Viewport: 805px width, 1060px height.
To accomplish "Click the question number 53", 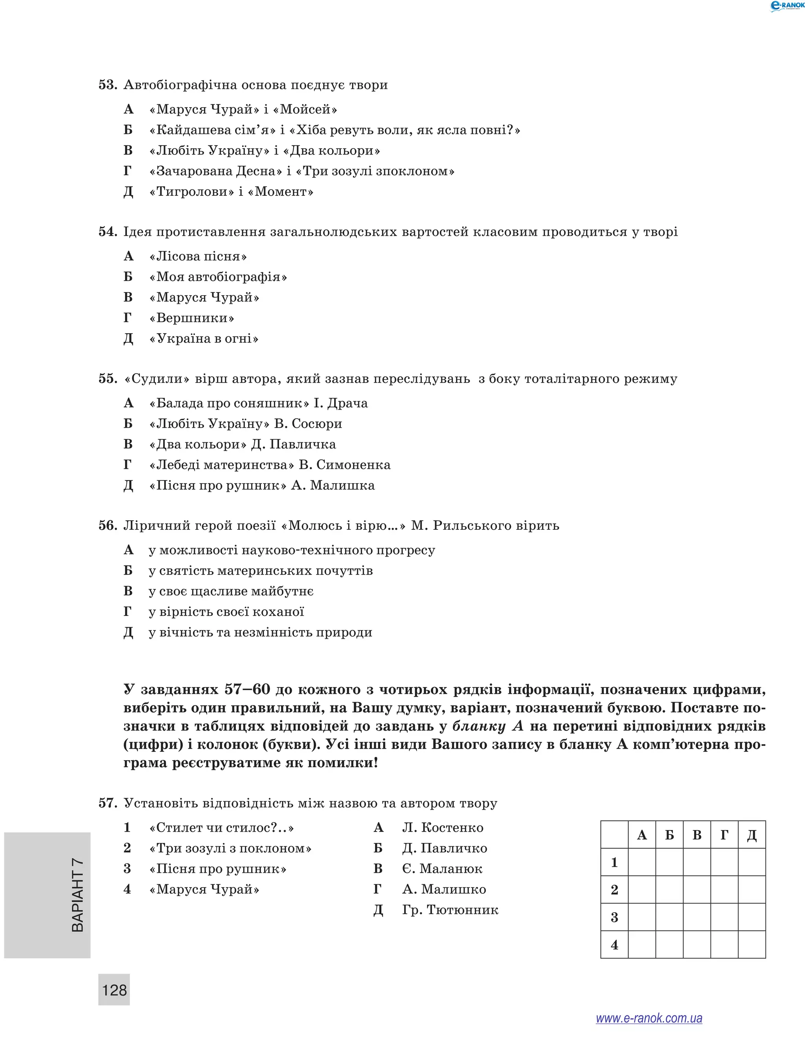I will pyautogui.click(x=107, y=85).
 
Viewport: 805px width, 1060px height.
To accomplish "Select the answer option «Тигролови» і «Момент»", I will pyautogui.click(x=231, y=192).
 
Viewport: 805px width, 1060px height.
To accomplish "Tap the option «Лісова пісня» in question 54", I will pyautogui.click(x=198, y=256).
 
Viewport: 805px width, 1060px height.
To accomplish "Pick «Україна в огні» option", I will pyautogui.click(x=204, y=339).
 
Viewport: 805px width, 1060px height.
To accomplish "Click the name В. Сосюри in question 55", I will pyautogui.click(x=308, y=424).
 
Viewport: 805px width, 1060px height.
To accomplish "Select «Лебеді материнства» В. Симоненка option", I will pyautogui.click(x=269, y=465).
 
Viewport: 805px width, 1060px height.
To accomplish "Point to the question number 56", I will pyautogui.click(x=107, y=526).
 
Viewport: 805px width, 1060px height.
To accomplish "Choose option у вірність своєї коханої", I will pyautogui.click(x=226, y=612).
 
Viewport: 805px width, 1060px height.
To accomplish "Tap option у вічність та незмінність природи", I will pyautogui.click(x=260, y=632).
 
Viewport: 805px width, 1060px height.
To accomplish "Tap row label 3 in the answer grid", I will pyautogui.click(x=614, y=917).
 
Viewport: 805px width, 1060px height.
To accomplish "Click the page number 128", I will pyautogui.click(x=114, y=990).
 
